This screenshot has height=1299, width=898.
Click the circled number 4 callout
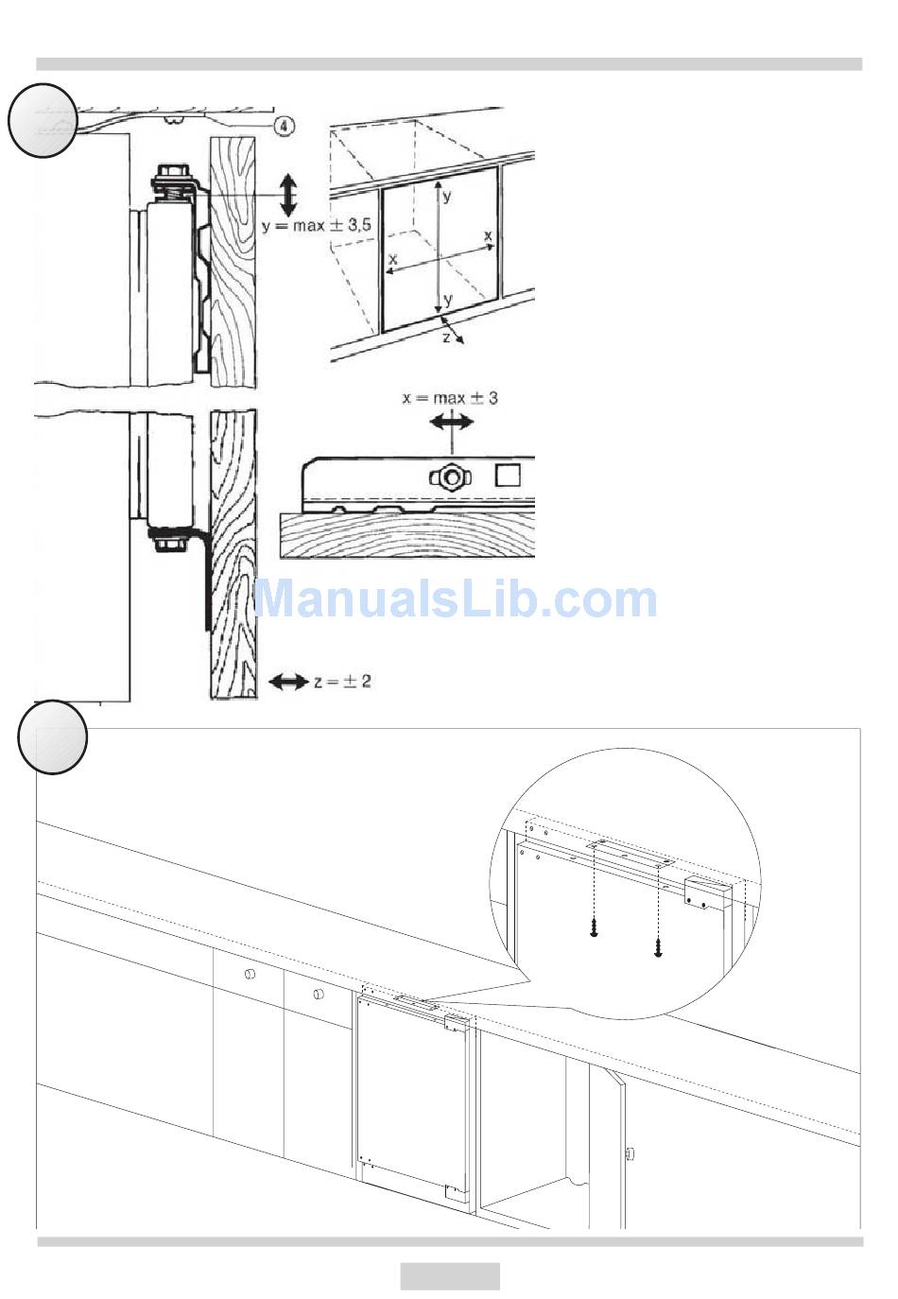(285, 126)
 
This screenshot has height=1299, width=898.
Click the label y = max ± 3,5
(317, 225)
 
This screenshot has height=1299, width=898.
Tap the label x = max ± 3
(450, 398)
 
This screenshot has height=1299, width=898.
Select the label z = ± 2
(342, 681)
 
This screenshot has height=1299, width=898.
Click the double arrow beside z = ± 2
(288, 682)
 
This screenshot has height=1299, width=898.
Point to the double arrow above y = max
(288, 197)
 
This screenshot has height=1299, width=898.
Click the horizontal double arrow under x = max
(452, 422)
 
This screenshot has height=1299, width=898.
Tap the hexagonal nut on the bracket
(451, 477)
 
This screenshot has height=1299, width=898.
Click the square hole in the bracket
(508, 476)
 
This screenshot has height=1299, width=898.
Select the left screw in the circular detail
(593, 927)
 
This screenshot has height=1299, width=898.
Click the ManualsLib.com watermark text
(456, 598)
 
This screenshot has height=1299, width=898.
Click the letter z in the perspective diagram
(446, 337)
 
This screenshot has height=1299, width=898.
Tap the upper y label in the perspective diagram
(446, 198)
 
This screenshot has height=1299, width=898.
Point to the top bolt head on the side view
(169, 171)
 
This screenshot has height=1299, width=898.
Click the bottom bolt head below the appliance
(168, 546)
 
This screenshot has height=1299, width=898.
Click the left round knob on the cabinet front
(250, 974)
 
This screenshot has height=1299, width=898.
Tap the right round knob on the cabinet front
(319, 994)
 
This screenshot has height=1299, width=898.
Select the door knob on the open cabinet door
(630, 1153)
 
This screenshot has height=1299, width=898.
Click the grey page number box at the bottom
(450, 1275)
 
